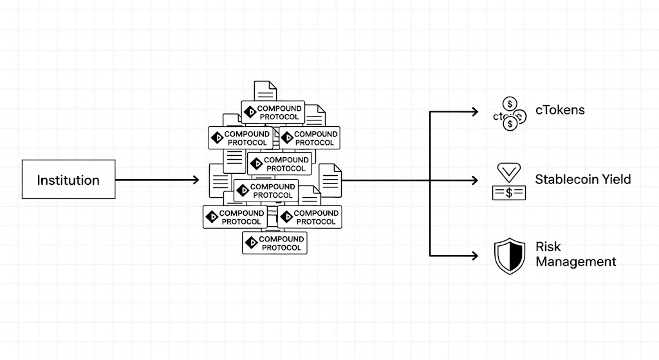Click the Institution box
[x=69, y=179]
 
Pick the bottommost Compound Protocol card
[x=275, y=243]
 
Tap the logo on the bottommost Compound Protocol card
[x=251, y=243]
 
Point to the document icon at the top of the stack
[x=265, y=91]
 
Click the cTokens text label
[x=560, y=110]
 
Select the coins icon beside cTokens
[x=510, y=113]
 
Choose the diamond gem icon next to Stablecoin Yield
[x=508, y=172]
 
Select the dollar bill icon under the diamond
[x=508, y=192]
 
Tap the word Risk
[x=548, y=247]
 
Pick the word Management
[x=575, y=262]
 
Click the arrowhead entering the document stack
[x=195, y=180]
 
